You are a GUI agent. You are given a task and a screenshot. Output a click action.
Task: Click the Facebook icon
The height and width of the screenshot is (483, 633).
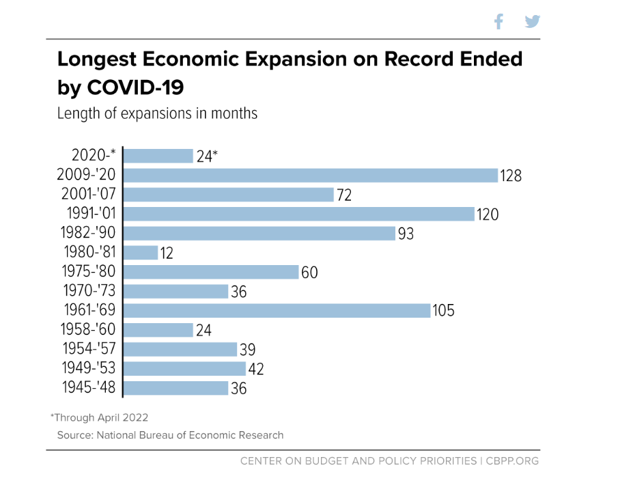[498, 22]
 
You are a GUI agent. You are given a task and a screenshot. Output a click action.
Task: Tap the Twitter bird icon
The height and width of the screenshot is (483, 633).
[533, 22]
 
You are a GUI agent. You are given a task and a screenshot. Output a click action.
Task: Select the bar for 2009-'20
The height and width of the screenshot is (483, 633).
[311, 176]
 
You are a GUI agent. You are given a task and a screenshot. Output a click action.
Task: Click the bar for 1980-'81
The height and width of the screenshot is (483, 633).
[141, 253]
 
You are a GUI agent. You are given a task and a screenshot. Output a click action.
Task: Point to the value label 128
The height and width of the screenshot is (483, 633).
[510, 176]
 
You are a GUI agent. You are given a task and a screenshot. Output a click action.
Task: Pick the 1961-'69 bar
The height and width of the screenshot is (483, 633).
[277, 311]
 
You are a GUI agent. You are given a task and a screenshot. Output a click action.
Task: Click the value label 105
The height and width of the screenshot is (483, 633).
[443, 312]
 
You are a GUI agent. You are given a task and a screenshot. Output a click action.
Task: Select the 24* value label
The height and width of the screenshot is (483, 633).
[207, 156]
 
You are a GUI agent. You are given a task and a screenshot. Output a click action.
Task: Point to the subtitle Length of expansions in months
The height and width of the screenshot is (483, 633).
[157, 113]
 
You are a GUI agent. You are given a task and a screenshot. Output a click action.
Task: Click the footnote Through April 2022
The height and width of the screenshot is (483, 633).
[99, 417]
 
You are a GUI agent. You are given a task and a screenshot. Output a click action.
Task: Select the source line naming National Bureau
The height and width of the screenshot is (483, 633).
[170, 434]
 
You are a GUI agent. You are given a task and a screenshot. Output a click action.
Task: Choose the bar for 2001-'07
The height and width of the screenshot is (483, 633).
[229, 195]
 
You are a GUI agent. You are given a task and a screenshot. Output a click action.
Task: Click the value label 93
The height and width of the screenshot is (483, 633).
[406, 234]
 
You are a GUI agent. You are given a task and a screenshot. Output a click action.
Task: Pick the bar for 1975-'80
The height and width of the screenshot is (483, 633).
[211, 272]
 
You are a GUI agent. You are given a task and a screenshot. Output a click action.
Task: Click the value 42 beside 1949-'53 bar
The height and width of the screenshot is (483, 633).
[255, 370]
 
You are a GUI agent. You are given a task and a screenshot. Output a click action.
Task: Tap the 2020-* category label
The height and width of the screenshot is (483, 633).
[94, 156]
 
